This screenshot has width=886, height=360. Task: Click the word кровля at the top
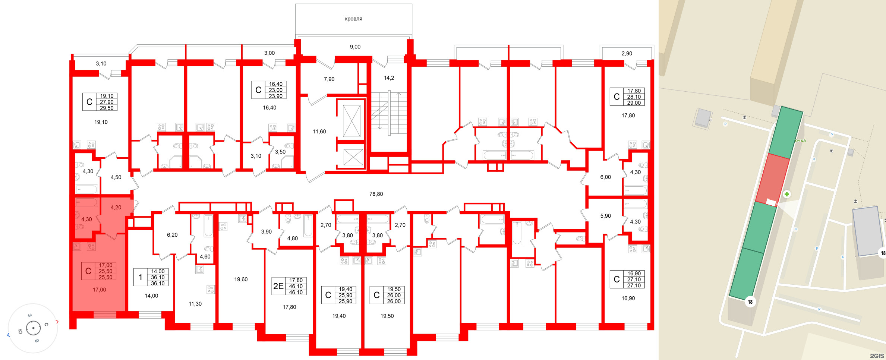pos(353,19)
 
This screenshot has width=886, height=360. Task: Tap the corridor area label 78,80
pos(376,194)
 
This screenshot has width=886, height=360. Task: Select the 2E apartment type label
pos(278,286)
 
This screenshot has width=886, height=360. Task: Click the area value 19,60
pos(241,279)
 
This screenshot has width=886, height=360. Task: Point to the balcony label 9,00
pos(355,47)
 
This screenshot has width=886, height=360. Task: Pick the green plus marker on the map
pos(786,194)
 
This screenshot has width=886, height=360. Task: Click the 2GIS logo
pos(877,356)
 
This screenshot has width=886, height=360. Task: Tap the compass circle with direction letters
pos(33,328)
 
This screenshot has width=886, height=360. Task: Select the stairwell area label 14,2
pos(389,78)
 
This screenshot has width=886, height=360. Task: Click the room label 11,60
pos(319,132)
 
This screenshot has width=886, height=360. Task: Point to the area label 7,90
pos(329,79)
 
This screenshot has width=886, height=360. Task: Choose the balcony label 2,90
pos(627,53)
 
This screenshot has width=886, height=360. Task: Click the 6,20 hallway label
pos(172,235)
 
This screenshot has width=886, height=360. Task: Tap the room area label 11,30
pos(195,304)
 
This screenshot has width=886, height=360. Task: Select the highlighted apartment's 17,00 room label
pos(100,290)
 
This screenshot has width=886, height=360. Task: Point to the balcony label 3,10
pos(101,63)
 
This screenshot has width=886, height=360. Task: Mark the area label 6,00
pos(605,177)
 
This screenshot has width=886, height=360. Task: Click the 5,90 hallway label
pos(605,216)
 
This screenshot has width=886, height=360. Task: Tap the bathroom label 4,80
pos(292,238)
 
